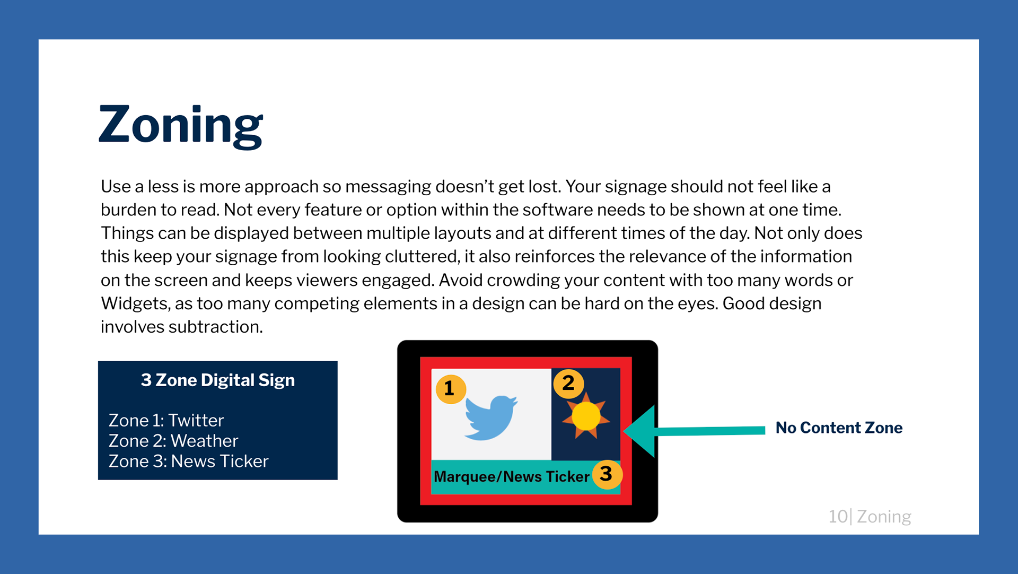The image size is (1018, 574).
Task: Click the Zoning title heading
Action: [x=181, y=126]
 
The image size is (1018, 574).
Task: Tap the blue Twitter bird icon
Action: [x=491, y=418]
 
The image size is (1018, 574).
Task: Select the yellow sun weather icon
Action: [x=586, y=416]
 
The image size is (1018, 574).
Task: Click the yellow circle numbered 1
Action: [x=451, y=389]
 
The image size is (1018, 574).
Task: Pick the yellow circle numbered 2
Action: [x=568, y=383]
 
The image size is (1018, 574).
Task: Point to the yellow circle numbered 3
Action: [x=607, y=474]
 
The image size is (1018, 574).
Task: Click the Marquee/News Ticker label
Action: [x=511, y=476]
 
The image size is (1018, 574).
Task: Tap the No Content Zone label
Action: [x=839, y=428]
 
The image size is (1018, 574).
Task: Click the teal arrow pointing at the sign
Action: [x=694, y=431]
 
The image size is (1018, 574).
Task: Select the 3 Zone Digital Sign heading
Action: [x=218, y=380]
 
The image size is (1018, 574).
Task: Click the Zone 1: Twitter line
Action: [x=166, y=420]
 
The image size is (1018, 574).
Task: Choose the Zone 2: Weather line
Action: [x=173, y=441]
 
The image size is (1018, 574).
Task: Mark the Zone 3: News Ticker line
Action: [x=189, y=462]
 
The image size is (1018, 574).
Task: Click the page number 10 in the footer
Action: [x=838, y=516]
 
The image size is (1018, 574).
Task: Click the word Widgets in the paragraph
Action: [x=135, y=304]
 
